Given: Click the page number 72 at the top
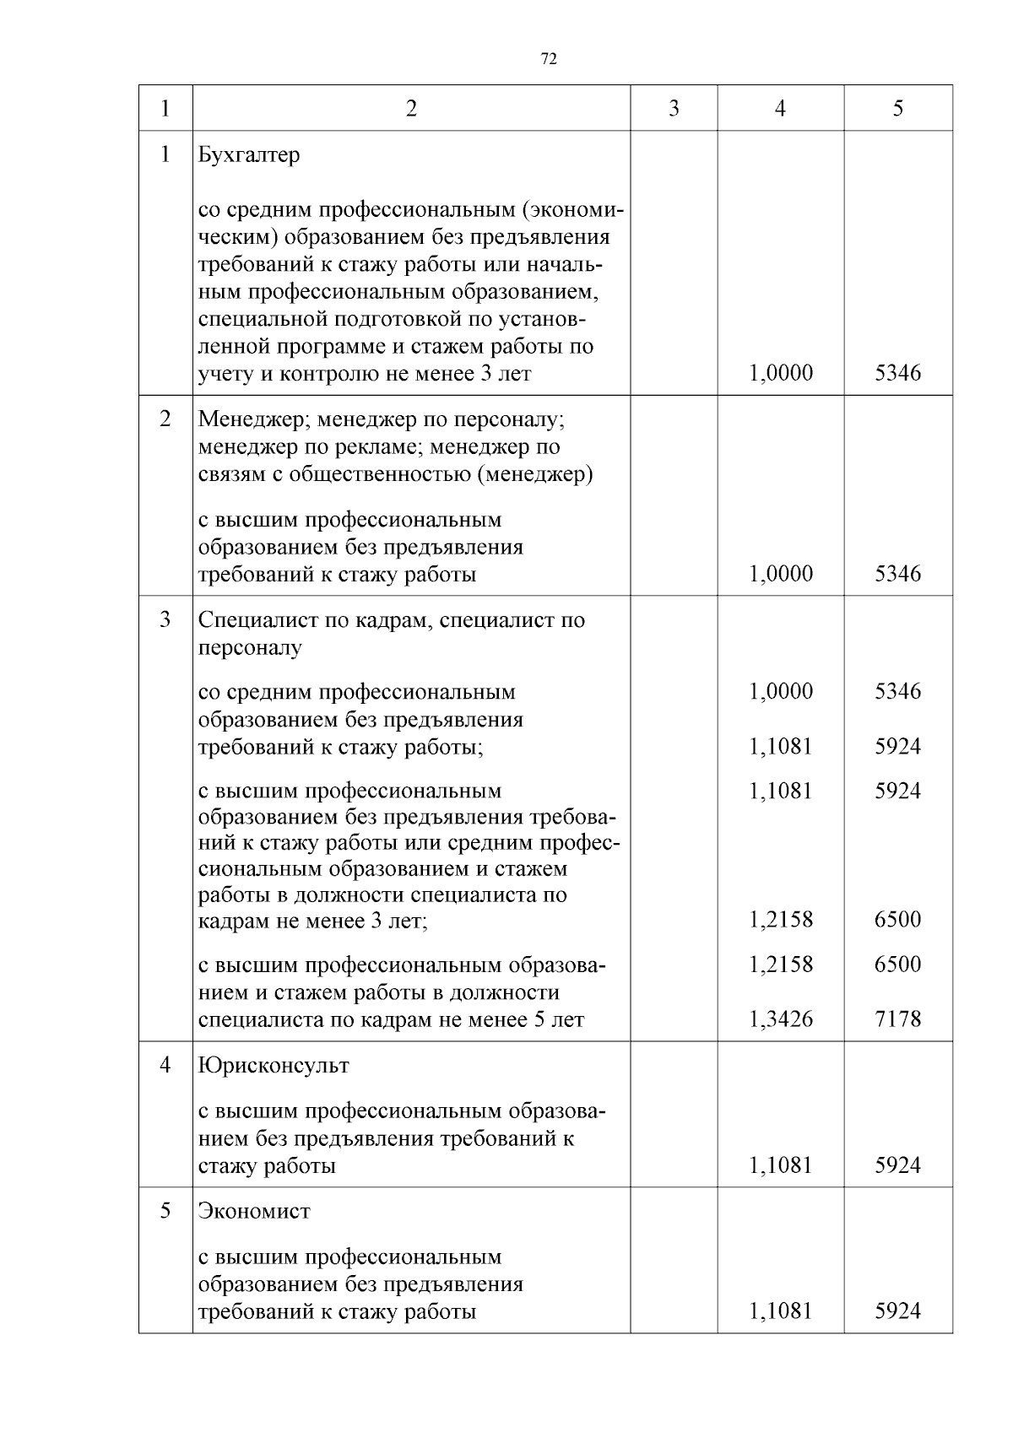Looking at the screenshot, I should pos(548,59).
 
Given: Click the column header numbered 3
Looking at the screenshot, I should pos(673,108).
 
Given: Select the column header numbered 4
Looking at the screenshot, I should pos(780,108).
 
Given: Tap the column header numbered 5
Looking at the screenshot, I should pos(897,108).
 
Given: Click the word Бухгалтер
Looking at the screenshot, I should pos(249,155).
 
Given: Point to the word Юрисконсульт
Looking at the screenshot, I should pos(274,1066).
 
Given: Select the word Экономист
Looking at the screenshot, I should pos(254,1212).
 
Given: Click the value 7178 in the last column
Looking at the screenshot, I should pos(897,1019).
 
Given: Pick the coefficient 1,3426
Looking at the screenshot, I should pos(781,1019).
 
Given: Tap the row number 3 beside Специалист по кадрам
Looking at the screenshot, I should pos(165,619).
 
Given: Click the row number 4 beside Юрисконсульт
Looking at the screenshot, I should pos(165,1066).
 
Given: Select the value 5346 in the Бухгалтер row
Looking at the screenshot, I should pos(897,373).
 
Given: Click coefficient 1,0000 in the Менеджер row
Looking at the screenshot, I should pos(781,575).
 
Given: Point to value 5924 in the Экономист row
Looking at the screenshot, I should pos(897,1311).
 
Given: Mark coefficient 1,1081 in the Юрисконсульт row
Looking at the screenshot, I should pos(781,1165).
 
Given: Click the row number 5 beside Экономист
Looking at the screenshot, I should pos(165,1212).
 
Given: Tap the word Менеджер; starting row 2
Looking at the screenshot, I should pos(246,419).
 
